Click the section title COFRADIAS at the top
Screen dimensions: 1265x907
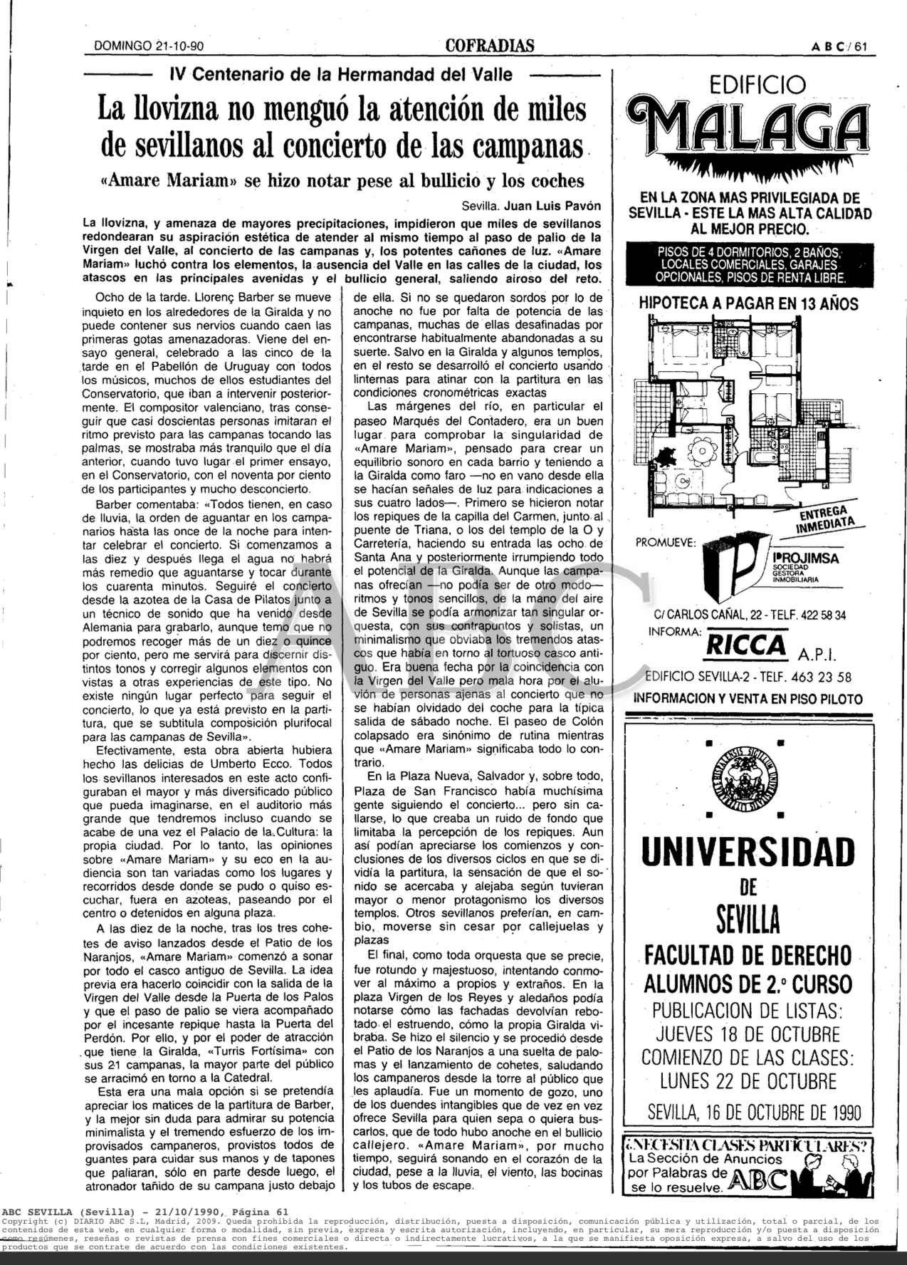click(490, 46)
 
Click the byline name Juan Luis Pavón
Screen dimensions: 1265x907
click(552, 207)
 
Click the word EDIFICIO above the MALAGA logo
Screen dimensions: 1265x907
click(747, 85)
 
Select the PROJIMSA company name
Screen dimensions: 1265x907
click(804, 558)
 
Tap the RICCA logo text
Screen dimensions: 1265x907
click(745, 645)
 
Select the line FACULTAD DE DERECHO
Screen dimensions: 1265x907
click(748, 954)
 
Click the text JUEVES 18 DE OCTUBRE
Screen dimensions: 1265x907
click(748, 1034)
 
